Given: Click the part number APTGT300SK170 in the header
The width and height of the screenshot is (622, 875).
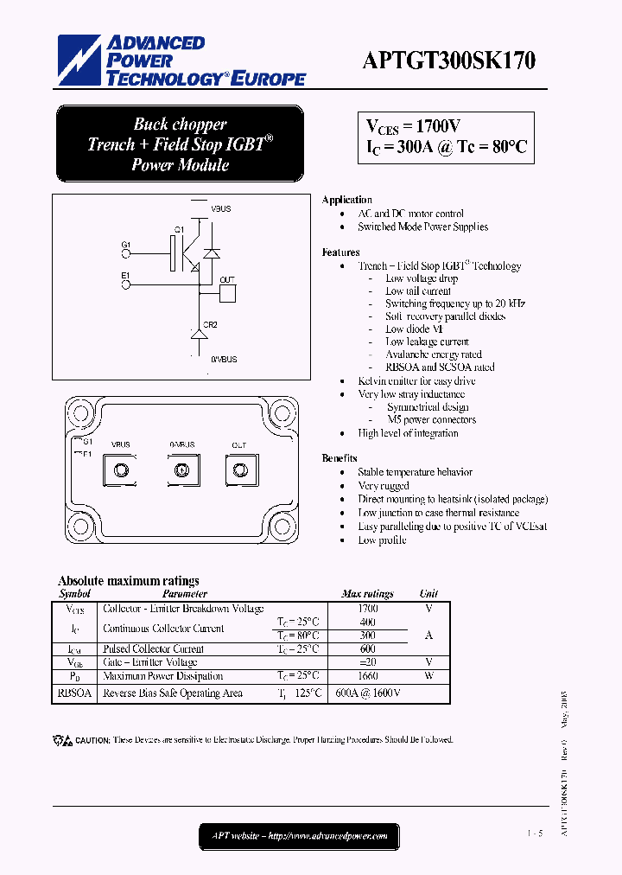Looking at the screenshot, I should point(448,61).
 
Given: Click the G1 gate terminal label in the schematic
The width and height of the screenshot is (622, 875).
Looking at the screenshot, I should point(126,246).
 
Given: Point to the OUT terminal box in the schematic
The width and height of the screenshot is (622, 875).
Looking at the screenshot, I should point(228,292).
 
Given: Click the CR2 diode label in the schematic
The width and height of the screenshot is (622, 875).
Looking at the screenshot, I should point(210,325).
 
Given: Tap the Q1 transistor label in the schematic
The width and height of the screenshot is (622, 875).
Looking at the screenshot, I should point(179,229).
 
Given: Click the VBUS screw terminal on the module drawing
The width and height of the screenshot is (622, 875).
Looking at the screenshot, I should point(121,469).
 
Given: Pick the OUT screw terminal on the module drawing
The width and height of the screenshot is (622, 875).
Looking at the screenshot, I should point(238,469).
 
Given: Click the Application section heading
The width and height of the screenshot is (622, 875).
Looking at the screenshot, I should point(346,200).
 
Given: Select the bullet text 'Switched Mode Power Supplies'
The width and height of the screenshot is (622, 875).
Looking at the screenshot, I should point(422,227).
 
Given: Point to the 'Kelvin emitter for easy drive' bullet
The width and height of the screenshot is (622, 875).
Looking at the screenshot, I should point(416,381).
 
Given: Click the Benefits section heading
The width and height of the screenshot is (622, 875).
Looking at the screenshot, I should point(340,458).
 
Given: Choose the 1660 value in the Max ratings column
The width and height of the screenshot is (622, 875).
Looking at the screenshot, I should point(368,676).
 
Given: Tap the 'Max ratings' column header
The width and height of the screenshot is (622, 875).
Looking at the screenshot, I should point(367,594).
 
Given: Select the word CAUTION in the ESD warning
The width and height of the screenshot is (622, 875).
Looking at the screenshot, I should point(92,740).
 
